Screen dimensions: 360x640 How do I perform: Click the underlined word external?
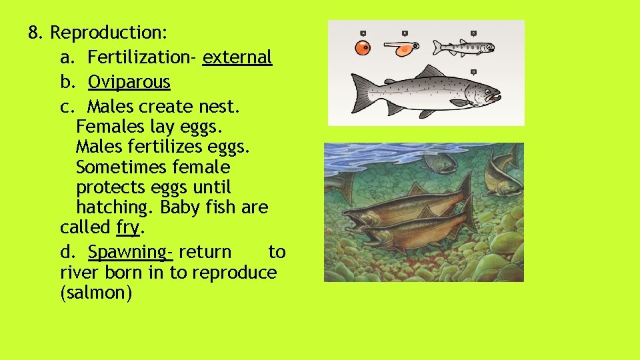click(x=237, y=57)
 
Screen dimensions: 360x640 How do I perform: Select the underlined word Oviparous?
click(x=129, y=83)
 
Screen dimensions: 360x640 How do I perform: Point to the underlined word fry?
click(x=127, y=227)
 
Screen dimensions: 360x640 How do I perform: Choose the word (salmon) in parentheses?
click(x=96, y=293)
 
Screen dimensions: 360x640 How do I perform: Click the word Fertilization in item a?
click(x=141, y=57)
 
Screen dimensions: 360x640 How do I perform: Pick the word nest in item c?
click(x=223, y=107)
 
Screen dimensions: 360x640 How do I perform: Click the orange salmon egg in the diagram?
click(x=362, y=48)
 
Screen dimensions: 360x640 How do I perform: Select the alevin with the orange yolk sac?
click(x=401, y=49)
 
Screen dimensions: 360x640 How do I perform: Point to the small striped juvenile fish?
click(x=463, y=47)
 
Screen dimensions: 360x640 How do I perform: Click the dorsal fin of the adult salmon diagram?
click(x=430, y=71)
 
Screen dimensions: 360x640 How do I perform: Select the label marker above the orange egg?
click(x=363, y=32)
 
